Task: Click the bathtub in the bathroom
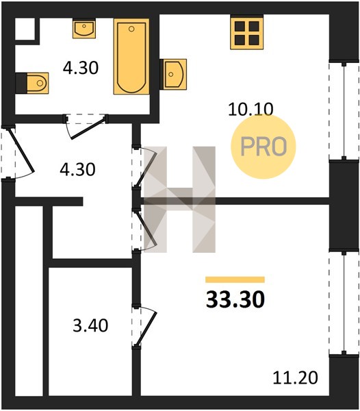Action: coord(131,56)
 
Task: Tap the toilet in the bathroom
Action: coord(32,83)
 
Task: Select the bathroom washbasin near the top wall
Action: coord(84,28)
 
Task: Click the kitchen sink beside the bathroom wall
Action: coord(173,74)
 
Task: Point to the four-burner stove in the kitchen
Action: coord(247,32)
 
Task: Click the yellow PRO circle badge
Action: coord(263,147)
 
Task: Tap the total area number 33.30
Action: coord(235,299)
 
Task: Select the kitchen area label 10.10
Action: coord(250,109)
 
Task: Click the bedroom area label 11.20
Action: coord(296,378)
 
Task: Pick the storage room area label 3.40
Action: coord(90,325)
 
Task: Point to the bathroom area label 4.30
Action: coord(81,68)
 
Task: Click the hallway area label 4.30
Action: coord(77,169)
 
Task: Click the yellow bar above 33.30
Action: coord(235,279)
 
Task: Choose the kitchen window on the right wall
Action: coord(344,111)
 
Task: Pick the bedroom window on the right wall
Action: coord(344,303)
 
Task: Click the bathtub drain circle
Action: coord(131,29)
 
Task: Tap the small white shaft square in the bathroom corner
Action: coord(25,29)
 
